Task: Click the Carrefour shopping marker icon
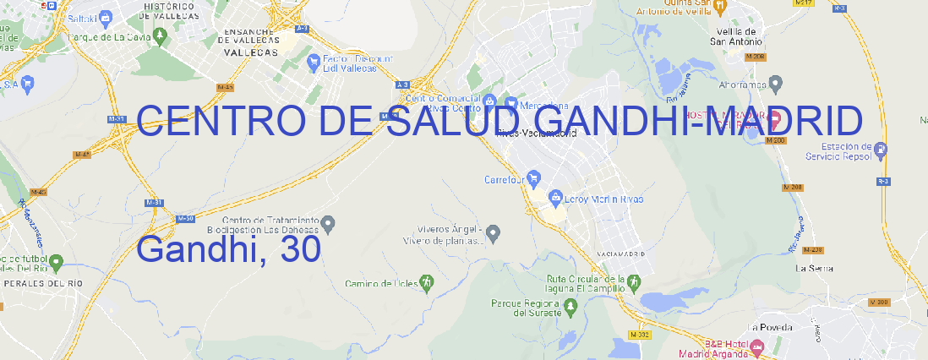(x=534, y=179)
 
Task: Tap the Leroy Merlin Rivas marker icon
(x=555, y=199)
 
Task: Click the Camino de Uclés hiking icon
(x=427, y=282)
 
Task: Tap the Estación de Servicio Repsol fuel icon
(x=882, y=150)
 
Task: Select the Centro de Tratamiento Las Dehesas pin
(x=329, y=223)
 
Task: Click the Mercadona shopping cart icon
(x=511, y=104)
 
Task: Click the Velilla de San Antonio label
(x=735, y=37)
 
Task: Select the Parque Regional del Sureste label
(x=526, y=308)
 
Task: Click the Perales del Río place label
(x=30, y=283)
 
